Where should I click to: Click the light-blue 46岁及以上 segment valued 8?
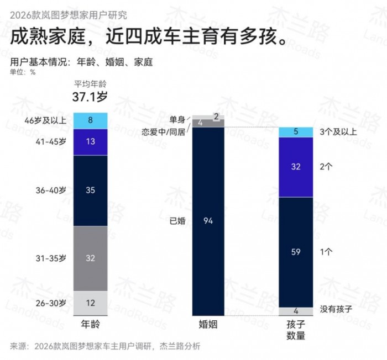[91, 120]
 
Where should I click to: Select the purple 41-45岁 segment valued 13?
[91, 142]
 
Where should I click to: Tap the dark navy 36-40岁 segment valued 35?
[91, 190]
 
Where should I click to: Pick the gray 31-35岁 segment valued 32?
[91, 258]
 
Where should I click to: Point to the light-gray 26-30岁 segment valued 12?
[91, 303]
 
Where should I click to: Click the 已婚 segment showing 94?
[208, 221]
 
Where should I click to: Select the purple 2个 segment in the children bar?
[296, 167]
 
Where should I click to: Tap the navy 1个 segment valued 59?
[296, 252]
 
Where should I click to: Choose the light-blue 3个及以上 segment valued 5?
[296, 132]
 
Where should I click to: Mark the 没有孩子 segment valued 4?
[296, 311]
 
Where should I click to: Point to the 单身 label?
[177, 119]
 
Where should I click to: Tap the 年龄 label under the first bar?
[90, 325]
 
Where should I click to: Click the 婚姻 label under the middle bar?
[208, 325]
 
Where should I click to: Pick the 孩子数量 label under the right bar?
[296, 330]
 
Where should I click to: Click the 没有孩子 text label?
[336, 309]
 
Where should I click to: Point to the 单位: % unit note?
[23, 72]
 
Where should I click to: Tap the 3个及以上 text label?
[339, 131]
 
